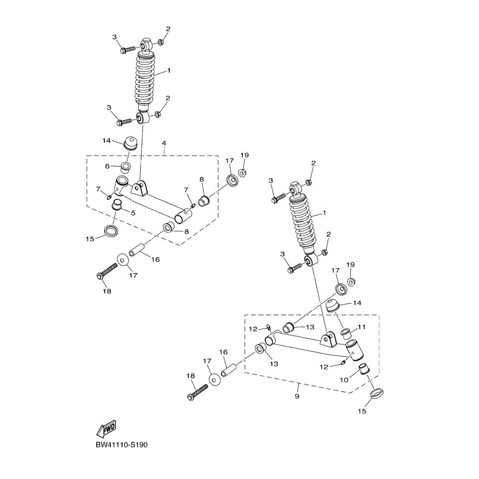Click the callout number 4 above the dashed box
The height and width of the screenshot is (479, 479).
164,143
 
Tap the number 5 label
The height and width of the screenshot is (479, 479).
133,212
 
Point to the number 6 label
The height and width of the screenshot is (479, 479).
108,166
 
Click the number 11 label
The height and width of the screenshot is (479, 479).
361,327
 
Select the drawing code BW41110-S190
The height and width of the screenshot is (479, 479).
122,445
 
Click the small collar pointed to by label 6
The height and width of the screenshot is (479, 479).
125,167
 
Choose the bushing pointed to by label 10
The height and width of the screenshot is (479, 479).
366,369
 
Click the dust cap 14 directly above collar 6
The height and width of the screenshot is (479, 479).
129,143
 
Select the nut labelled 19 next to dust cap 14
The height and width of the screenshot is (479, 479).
350,281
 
